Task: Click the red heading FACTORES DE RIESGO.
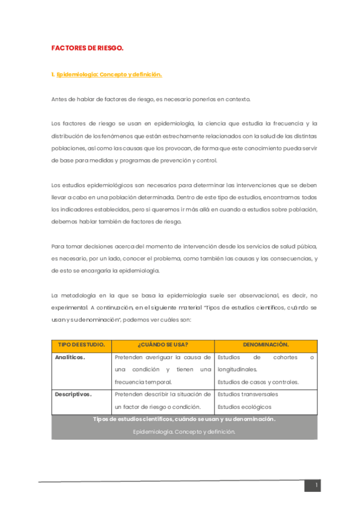pyautogui.click(x=87, y=48)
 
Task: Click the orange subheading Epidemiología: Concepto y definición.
pyautogui.click(x=109, y=75)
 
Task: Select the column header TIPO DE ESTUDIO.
pyautogui.click(x=81, y=345)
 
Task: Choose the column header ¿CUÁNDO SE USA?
pyautogui.click(x=162, y=345)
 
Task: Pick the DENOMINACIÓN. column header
pyautogui.click(x=266, y=345)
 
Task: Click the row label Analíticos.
pyautogui.click(x=70, y=357)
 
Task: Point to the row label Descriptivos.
pyautogui.click(x=73, y=395)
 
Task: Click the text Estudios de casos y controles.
pyautogui.click(x=258, y=382)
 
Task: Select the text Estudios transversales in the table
pyautogui.click(x=248, y=395)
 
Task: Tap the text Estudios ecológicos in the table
pyautogui.click(x=244, y=407)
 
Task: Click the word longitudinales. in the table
pyautogui.click(x=237, y=369)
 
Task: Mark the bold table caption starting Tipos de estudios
pyautogui.click(x=185, y=419)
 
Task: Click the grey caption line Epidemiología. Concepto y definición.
pyautogui.click(x=185, y=432)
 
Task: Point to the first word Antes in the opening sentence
pyautogui.click(x=60, y=99)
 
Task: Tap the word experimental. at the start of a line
pyautogui.click(x=70, y=307)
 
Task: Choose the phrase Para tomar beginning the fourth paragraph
pyautogui.click(x=68, y=246)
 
